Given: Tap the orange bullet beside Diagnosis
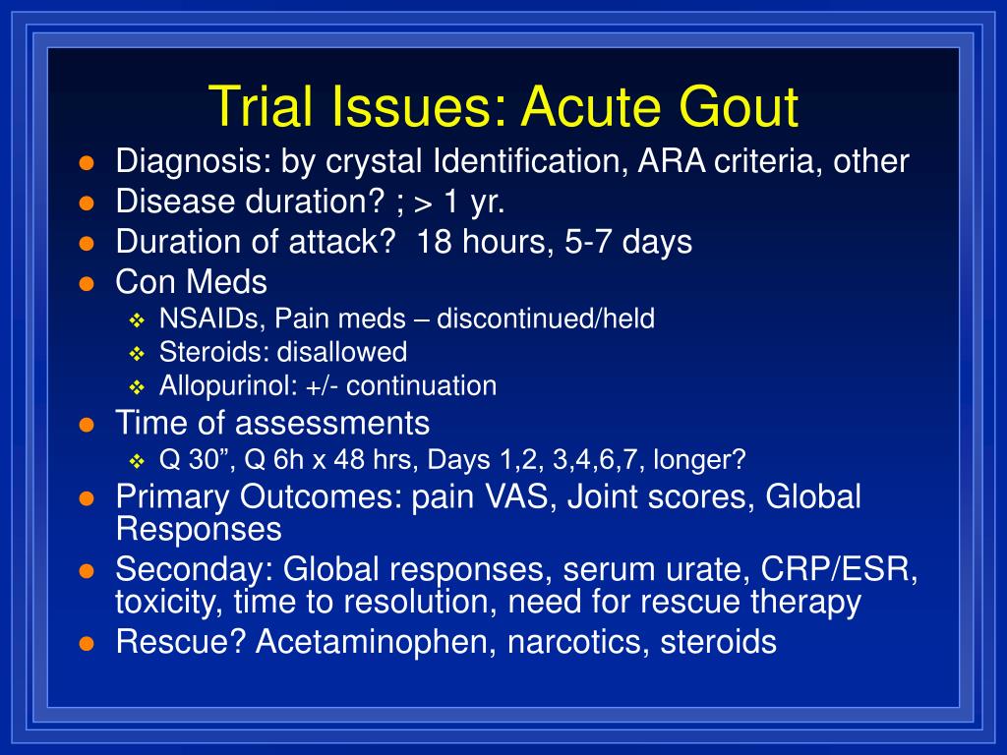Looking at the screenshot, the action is pos(87,162).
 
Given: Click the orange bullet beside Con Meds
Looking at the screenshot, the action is pos(87,284).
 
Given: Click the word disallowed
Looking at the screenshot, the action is pos(341,352).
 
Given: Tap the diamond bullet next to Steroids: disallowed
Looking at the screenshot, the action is pos(137,354).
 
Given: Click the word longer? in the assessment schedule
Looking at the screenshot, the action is pos(699,460).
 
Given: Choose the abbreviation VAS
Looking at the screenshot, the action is pos(520,496).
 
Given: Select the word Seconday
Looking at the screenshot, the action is pos(195,570).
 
